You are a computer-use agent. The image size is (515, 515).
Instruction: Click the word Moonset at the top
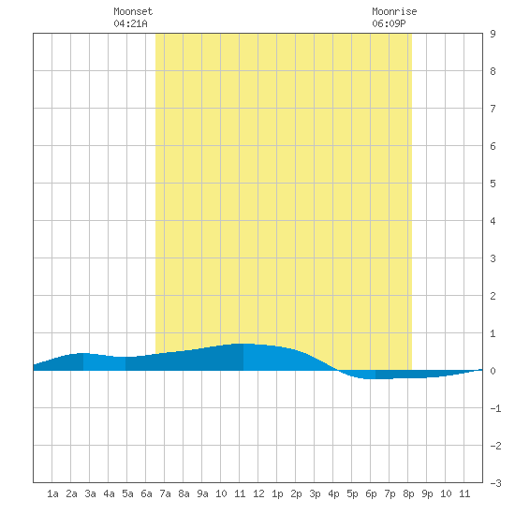point(133,11)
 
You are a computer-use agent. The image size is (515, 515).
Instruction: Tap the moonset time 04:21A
point(130,23)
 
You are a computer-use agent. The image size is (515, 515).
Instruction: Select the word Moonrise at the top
point(394,11)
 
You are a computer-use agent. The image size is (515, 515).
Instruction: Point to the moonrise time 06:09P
point(389,23)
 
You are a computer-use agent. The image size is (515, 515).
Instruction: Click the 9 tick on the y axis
point(493,34)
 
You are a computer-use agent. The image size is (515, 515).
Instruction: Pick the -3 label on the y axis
point(495,483)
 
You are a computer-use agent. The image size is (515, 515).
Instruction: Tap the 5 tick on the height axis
point(493,184)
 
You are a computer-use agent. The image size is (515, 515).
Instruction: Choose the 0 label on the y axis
point(493,371)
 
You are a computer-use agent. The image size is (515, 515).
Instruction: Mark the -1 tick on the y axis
point(495,408)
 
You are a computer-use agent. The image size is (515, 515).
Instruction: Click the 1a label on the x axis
point(52,493)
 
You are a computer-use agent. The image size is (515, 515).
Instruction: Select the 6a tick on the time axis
point(146,493)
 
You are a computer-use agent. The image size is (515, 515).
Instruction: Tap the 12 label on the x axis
point(258,493)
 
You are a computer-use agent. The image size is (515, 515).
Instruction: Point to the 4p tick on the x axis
point(333,493)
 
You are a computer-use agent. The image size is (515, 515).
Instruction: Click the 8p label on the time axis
point(408,493)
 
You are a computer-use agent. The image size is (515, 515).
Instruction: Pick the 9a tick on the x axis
point(202,493)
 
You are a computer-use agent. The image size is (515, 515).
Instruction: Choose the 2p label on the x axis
point(296,493)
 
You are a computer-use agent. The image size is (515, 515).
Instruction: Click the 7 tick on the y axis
point(493,109)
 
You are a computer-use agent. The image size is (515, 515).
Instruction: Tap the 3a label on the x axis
point(90,493)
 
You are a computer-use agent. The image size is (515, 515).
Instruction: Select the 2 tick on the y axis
point(493,296)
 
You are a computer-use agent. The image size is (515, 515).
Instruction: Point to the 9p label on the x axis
point(427,493)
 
